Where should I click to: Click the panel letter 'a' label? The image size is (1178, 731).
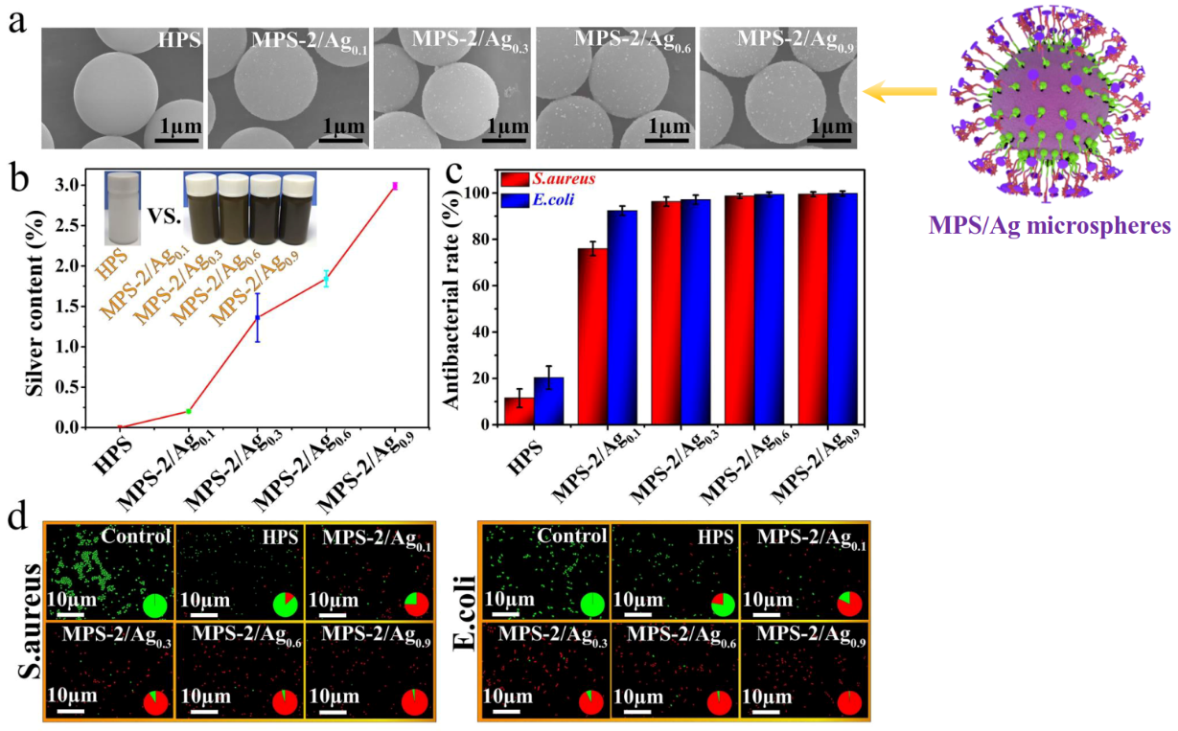[x=17, y=22]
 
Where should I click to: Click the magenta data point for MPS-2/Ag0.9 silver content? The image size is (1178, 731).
[x=395, y=186]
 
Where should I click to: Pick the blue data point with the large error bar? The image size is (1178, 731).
[x=257, y=317]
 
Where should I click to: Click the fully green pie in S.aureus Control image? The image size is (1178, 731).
[x=155, y=605]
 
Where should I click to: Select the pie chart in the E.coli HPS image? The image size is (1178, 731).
[x=723, y=605]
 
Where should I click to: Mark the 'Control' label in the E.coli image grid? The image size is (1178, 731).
[x=571, y=537]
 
